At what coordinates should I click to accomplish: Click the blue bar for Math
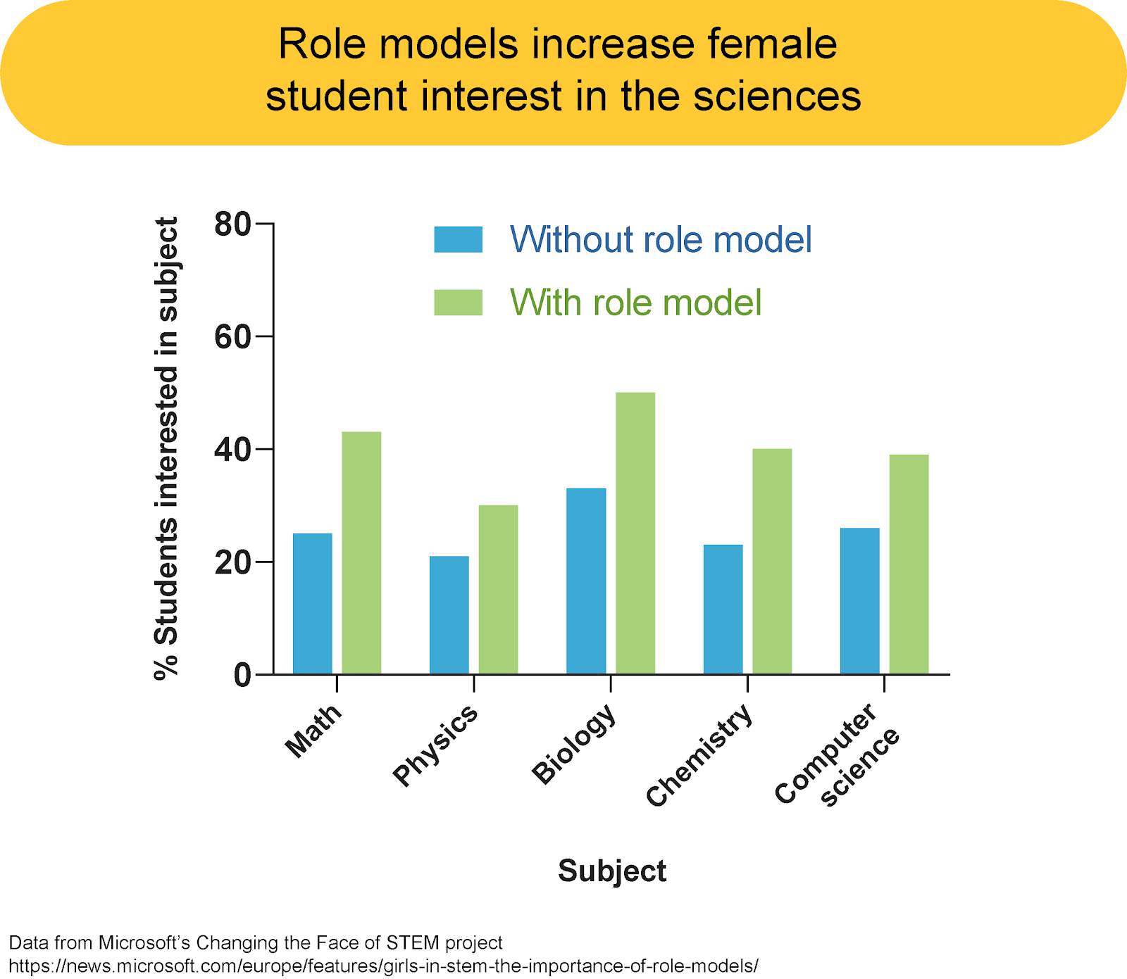point(312,603)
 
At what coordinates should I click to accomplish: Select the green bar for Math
point(361,552)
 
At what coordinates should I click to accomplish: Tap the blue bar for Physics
point(449,614)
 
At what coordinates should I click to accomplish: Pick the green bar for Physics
point(498,589)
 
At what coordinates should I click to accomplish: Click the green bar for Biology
point(635,533)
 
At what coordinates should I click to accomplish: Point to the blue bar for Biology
point(585,581)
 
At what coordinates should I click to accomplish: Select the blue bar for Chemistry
point(723,609)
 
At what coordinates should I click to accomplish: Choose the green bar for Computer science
point(909,564)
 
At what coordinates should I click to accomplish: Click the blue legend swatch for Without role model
point(458,239)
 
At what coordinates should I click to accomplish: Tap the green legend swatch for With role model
point(458,303)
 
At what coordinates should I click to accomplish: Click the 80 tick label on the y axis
point(232,225)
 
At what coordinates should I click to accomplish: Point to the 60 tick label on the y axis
point(232,337)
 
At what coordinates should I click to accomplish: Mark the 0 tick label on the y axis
point(242,676)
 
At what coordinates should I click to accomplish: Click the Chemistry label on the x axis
point(699,756)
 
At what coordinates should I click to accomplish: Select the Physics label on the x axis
point(435,745)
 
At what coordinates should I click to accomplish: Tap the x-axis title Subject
point(611,871)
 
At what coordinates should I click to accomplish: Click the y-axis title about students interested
point(166,448)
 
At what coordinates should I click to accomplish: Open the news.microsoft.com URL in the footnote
point(384,966)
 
